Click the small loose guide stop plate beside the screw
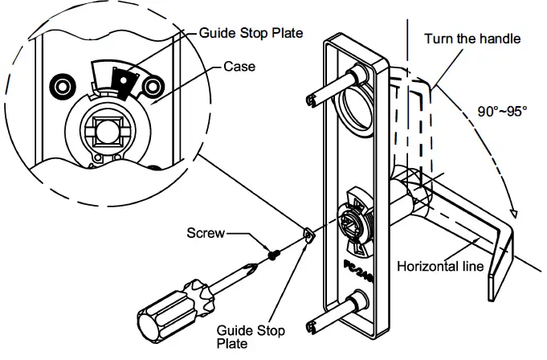(x=306, y=235)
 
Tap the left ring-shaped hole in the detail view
(x=59, y=84)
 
